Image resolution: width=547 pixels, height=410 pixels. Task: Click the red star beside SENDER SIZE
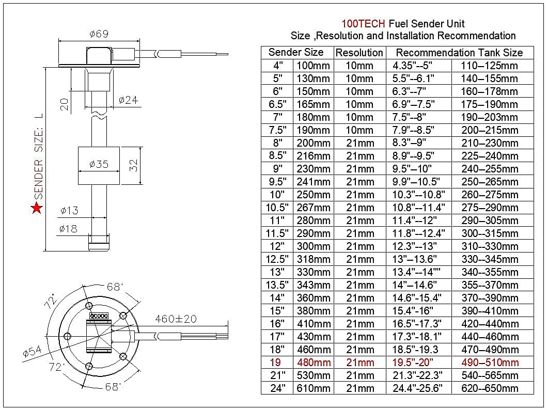tap(37, 208)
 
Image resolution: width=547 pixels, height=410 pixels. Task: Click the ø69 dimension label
tap(98, 34)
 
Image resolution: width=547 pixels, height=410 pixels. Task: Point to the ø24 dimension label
tap(128, 100)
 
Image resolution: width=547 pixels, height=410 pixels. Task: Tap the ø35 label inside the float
tap(98, 164)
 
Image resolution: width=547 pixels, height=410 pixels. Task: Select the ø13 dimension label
tap(69, 210)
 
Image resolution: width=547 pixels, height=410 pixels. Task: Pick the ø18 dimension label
tap(69, 228)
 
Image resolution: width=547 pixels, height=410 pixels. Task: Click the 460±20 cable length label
tap(176, 319)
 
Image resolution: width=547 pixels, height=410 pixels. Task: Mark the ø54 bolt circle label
tap(32, 353)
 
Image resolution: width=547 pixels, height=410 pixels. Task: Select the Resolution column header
tap(359, 53)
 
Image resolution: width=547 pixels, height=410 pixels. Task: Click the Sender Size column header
tap(296, 52)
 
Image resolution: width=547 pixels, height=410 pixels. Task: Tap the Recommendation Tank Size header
tap(459, 53)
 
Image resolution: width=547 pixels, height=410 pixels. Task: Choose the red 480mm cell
tap(314, 362)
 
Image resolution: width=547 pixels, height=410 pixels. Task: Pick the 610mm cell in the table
tap(314, 388)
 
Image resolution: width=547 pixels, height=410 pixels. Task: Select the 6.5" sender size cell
tap(277, 104)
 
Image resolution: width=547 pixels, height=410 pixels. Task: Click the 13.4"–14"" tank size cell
tap(419, 272)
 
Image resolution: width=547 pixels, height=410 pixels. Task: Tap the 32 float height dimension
tap(133, 165)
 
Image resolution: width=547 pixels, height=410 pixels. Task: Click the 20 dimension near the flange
tap(65, 104)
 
